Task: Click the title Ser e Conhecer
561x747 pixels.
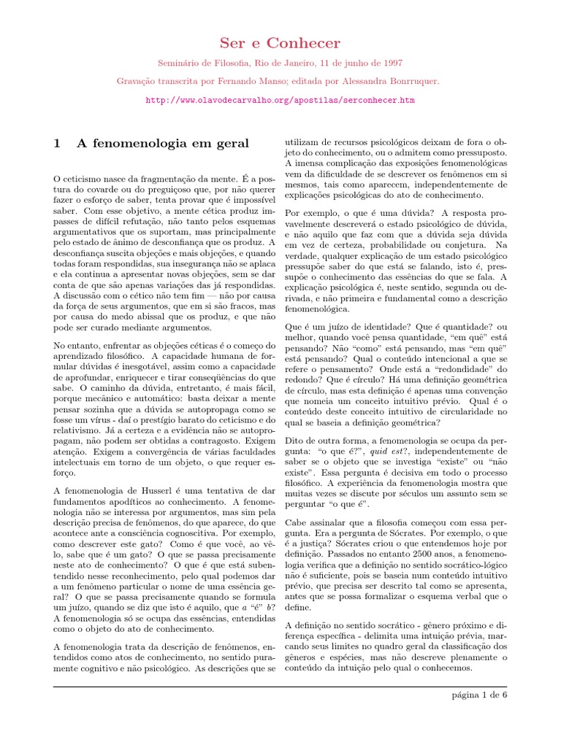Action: (280, 44)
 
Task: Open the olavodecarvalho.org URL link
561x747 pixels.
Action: (280, 99)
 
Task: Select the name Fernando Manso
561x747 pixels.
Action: (262, 82)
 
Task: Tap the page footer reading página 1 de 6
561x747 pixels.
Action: (479, 694)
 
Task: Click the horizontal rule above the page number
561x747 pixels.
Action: (280, 686)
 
